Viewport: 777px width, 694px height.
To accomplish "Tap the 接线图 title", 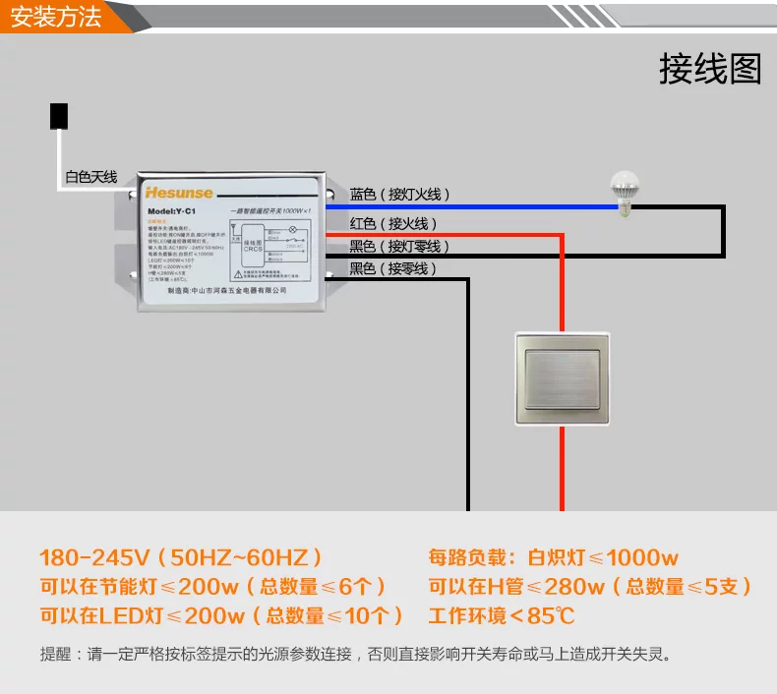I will (x=710, y=69).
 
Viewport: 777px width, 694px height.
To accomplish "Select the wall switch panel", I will (x=562, y=378).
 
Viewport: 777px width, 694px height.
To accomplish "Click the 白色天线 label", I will (x=90, y=178).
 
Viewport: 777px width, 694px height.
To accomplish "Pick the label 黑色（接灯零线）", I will (x=399, y=247).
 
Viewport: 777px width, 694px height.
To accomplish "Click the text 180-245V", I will (x=94, y=557).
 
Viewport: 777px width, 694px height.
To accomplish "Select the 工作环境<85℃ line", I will (x=502, y=616).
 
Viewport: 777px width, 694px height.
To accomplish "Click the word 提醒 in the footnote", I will (x=55, y=654).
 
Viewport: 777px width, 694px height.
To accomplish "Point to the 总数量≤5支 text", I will (x=687, y=587).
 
